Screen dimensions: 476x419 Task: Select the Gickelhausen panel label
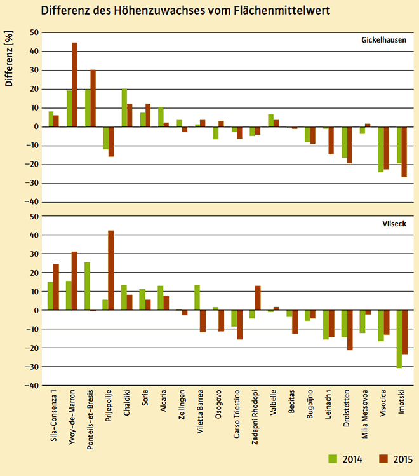[x=383, y=41]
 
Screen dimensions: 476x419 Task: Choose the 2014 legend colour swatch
[x=331, y=459]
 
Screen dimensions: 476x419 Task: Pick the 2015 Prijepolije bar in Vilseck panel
[x=112, y=270]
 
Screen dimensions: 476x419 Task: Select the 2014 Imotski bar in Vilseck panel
[x=399, y=339]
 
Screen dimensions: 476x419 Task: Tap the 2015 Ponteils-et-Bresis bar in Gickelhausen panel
[x=93, y=98]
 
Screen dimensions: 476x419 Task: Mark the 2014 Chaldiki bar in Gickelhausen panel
[x=124, y=107]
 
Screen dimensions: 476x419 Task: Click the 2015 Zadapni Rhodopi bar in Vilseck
[x=258, y=298]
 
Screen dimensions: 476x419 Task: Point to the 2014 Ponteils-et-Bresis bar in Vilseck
[x=87, y=286]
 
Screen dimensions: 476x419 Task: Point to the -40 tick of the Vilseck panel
[x=32, y=386]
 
